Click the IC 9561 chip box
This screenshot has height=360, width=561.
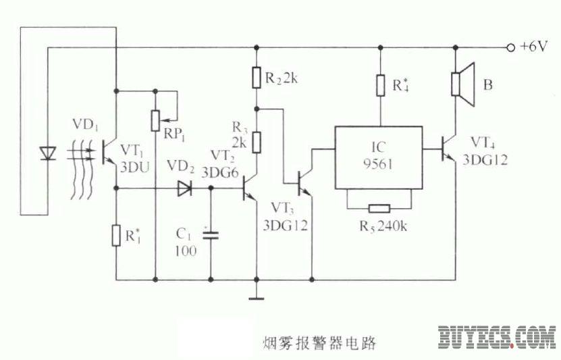[378, 157]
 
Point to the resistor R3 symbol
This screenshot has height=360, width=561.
[257, 143]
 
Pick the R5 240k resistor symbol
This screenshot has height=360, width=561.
[378, 209]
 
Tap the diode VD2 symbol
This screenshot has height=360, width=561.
[184, 189]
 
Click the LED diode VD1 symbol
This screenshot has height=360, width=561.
[47, 153]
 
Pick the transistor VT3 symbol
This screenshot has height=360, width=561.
[304, 181]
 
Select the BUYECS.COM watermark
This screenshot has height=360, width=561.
[496, 337]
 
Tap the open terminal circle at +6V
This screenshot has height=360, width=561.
[510, 48]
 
